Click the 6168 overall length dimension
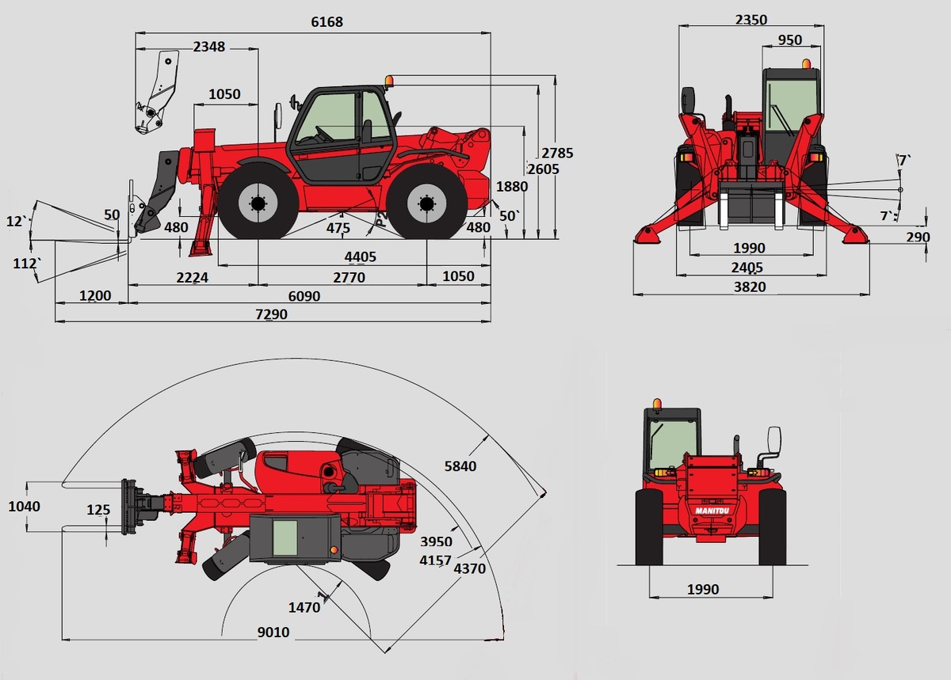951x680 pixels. [327, 21]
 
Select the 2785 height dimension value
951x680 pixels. [557, 153]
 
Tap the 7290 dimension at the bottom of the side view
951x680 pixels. [271, 314]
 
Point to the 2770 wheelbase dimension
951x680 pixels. [349, 277]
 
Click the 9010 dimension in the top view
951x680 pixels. [273, 633]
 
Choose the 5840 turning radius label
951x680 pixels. [460, 466]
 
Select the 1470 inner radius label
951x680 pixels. [304, 608]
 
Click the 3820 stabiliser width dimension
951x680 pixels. [750, 287]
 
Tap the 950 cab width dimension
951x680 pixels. [790, 40]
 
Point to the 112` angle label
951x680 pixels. [27, 264]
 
